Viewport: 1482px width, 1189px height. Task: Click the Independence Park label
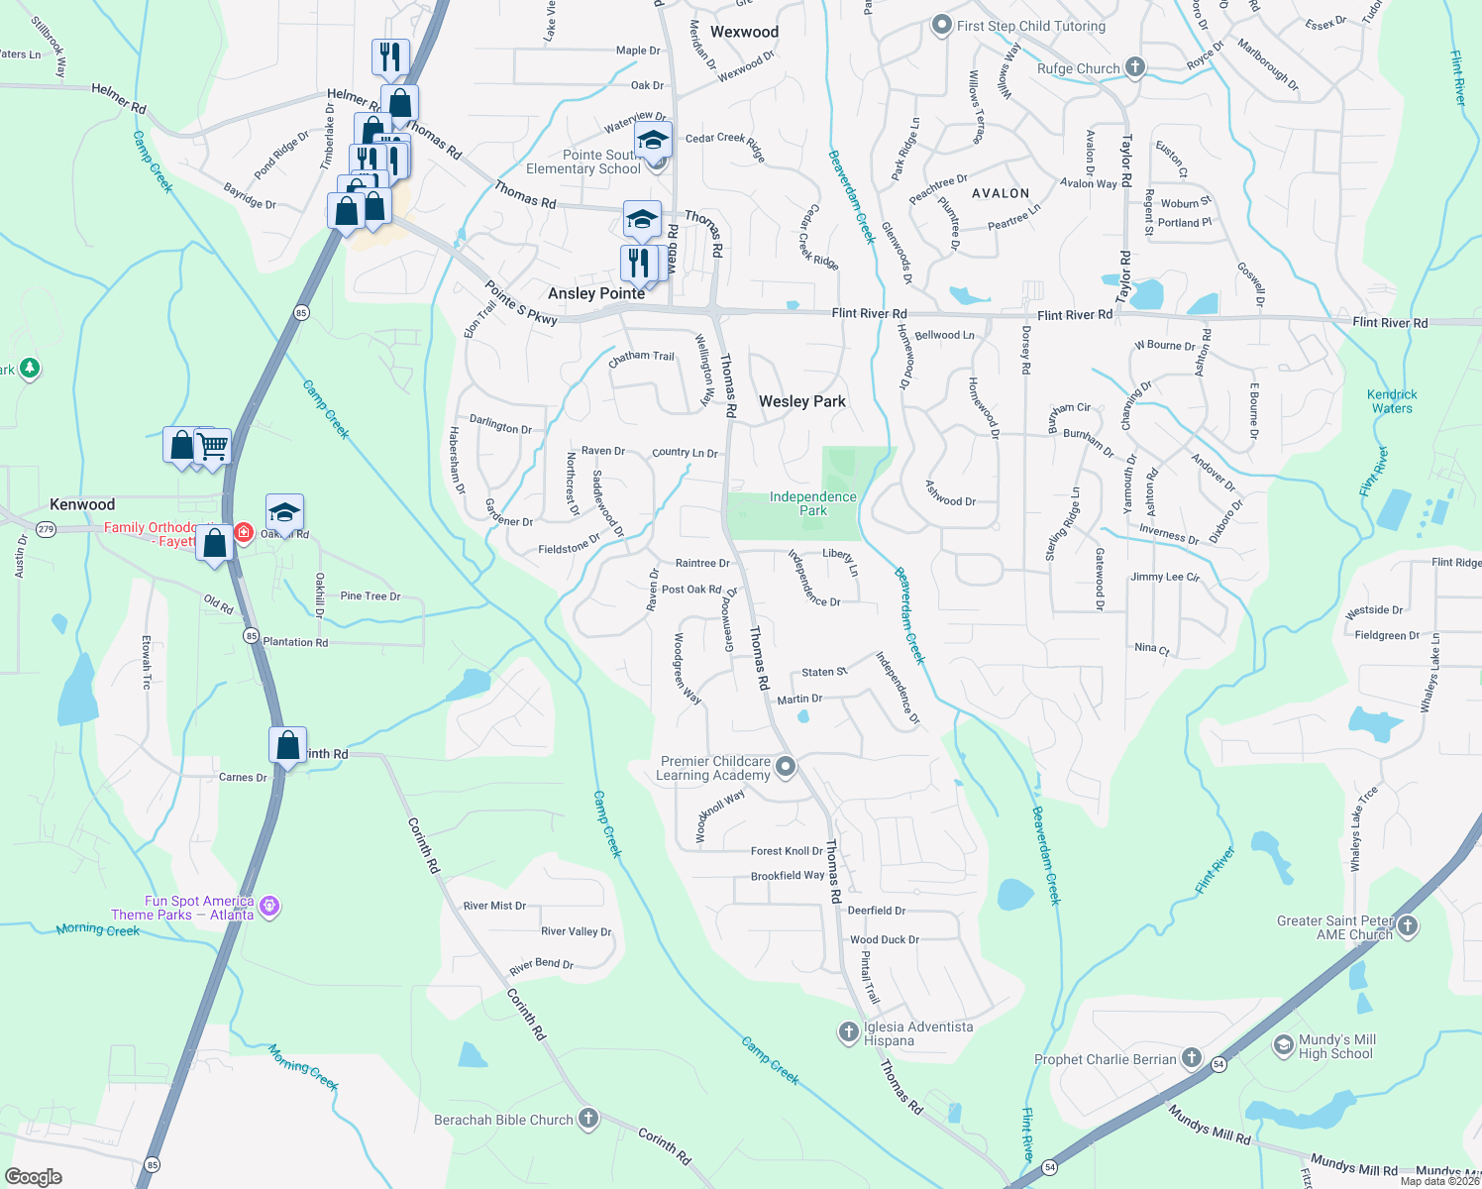tap(812, 503)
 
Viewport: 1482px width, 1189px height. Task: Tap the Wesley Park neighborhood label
tap(801, 401)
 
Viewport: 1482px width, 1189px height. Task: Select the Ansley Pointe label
tap(596, 293)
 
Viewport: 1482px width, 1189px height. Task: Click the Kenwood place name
tap(82, 504)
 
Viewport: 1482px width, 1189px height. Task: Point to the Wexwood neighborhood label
tap(744, 32)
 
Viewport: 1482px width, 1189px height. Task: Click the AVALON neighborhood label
tap(1001, 193)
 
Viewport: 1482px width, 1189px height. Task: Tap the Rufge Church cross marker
tap(1135, 67)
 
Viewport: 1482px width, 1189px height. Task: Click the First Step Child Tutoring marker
tap(942, 26)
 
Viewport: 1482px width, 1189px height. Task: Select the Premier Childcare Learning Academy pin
tap(786, 766)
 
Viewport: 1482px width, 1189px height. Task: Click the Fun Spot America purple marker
tap(269, 906)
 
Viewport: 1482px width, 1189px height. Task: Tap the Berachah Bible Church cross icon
tap(588, 1120)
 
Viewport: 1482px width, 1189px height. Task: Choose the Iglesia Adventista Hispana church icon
tap(848, 1032)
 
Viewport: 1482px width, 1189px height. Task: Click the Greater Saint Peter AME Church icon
tap(1408, 926)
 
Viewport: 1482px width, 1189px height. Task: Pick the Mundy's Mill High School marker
tap(1283, 1045)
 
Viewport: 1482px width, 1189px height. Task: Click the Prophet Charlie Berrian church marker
tap(1192, 1058)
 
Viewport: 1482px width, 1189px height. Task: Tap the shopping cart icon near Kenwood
tap(213, 446)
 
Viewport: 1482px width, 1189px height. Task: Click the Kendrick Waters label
tap(1392, 401)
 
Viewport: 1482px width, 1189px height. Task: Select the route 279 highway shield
tap(46, 530)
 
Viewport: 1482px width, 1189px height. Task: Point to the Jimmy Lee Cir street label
tap(1165, 577)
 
